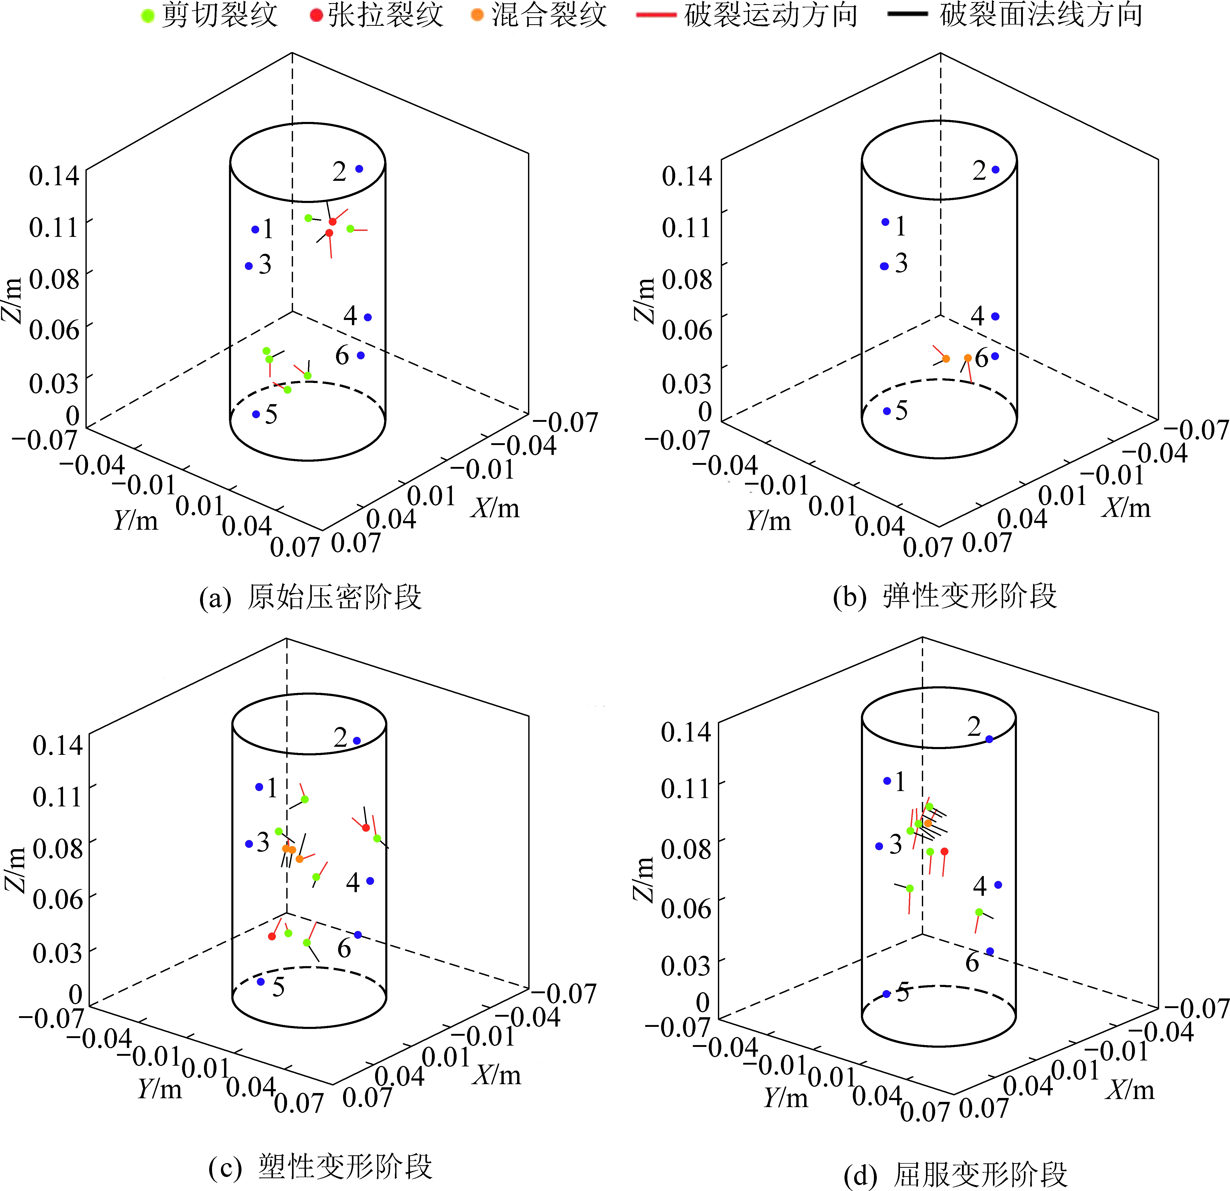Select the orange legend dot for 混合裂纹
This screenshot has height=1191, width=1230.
point(477,15)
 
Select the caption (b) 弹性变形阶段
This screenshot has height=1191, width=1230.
point(945,596)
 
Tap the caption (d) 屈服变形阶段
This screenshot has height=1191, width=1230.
point(955,1174)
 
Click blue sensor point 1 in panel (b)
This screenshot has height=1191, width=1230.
point(885,222)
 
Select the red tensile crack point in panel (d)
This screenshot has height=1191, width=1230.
point(945,851)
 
